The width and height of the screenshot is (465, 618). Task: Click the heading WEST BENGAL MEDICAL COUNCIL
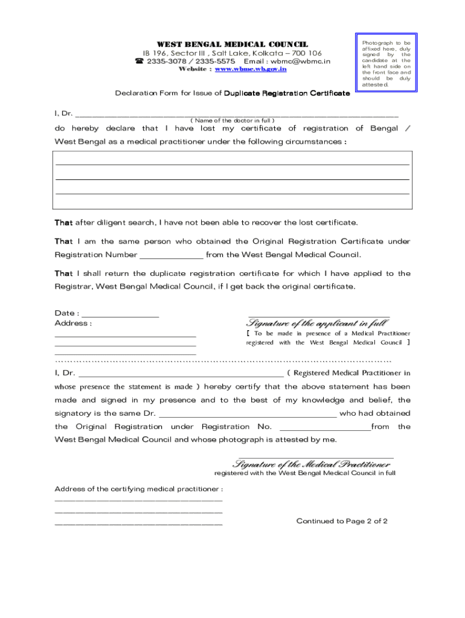tap(232, 44)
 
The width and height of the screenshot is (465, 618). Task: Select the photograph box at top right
tap(386, 64)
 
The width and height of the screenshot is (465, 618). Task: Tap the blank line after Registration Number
tap(172, 256)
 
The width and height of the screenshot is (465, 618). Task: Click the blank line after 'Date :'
tap(120, 314)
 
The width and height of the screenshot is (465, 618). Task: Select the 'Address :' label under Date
tap(73, 323)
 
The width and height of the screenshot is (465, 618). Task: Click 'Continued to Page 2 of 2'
tap(342, 521)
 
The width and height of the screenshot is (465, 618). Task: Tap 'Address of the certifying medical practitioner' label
tap(139, 489)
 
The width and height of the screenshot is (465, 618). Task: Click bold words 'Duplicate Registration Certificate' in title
tap(287, 94)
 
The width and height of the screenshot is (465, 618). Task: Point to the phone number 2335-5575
tap(216, 62)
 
